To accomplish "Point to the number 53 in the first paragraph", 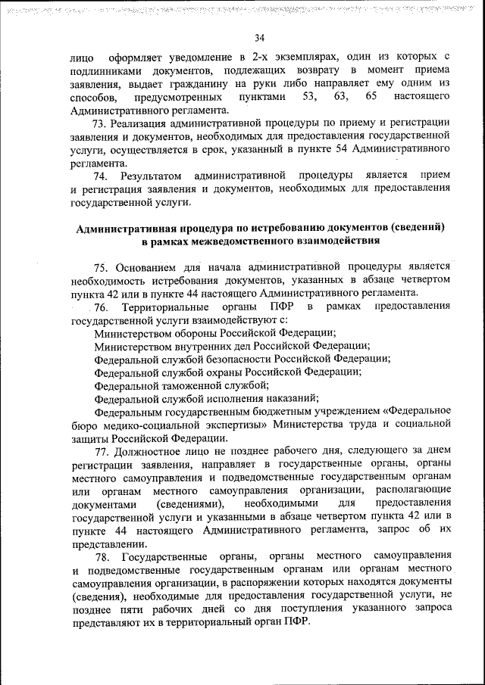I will (309, 97).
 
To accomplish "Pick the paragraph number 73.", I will (99, 123).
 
